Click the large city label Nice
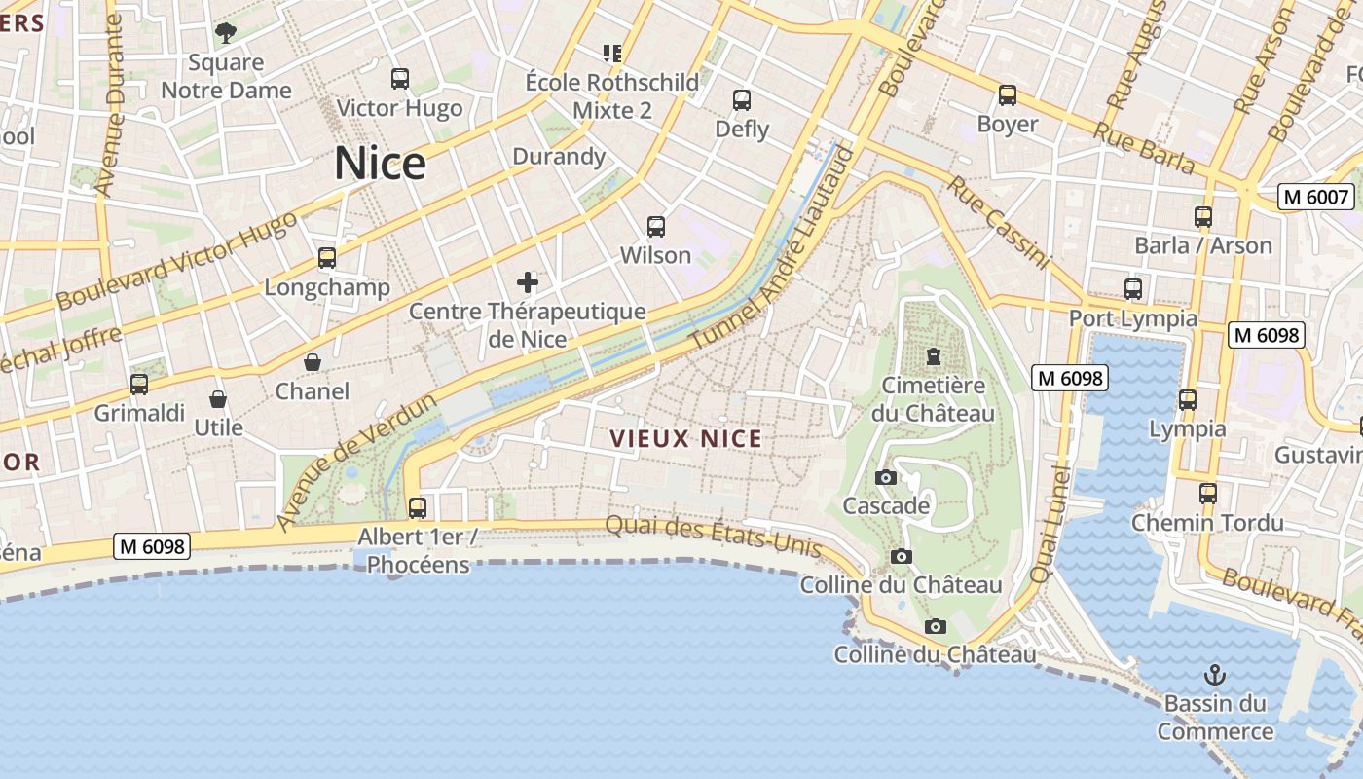point(380,164)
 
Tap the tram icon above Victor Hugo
point(399,79)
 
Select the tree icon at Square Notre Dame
point(226,33)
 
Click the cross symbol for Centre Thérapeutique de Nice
point(528,282)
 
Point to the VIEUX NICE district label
point(686,439)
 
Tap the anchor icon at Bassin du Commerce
point(1215,674)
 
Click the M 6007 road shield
point(1316,197)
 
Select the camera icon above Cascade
point(886,477)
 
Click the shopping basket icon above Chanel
point(313,362)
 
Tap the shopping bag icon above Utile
point(218,399)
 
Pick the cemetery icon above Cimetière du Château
point(934,356)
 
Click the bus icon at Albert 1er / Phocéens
point(418,507)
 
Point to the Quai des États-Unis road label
point(714,538)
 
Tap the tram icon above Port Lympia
point(1132,289)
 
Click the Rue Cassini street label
point(1000,223)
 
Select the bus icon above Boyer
point(1008,95)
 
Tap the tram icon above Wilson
point(656,227)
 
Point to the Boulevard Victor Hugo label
point(176,261)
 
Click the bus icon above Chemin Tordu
point(1208,493)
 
